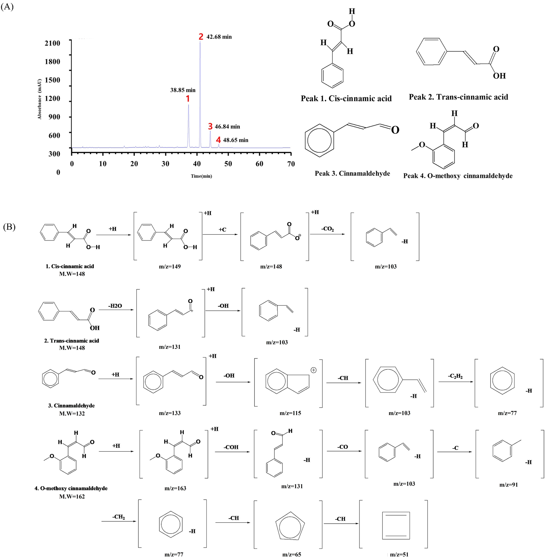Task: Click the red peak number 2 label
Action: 201,37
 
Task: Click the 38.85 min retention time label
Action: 183,90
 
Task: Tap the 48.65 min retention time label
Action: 235,140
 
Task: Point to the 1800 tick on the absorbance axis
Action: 52,62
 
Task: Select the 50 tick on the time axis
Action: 228,164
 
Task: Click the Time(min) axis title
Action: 201,176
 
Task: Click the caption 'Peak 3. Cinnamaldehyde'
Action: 352,173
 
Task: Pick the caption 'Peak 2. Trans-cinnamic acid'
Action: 458,97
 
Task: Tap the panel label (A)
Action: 7,7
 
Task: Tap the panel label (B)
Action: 9,227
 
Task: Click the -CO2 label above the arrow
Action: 327,229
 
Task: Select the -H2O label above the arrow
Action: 115,306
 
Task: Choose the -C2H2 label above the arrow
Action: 455,376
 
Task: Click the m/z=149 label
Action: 170,267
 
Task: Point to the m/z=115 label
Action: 290,413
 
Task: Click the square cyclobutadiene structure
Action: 396,526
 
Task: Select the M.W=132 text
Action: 72,413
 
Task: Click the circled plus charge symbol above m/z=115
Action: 313,370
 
